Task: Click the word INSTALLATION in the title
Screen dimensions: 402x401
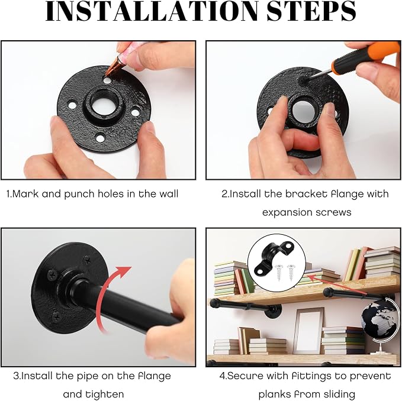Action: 152,11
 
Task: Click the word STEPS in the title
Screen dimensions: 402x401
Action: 311,11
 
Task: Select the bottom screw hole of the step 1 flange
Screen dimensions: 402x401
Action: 100,138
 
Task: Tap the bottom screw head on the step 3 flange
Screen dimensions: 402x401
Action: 56,318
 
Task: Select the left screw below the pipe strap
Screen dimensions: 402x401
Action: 279,273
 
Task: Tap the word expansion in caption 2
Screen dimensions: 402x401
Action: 288,212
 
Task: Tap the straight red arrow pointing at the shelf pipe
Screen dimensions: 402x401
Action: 336,284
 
